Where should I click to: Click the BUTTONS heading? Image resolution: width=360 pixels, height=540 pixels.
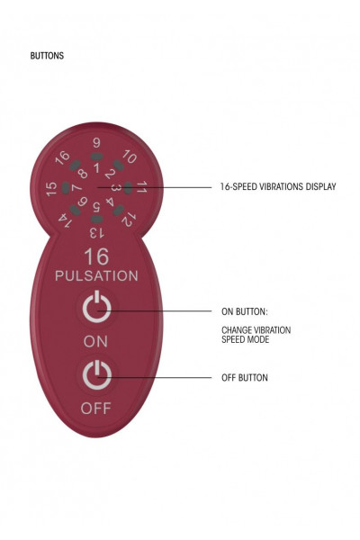47,56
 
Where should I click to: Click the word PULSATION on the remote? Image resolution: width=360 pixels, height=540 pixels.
96,276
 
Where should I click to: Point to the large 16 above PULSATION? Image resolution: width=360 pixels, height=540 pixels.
96,256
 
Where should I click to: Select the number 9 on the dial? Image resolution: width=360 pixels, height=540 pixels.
96,143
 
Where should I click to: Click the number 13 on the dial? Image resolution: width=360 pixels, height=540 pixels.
96,233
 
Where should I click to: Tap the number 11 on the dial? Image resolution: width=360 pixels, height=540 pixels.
141,187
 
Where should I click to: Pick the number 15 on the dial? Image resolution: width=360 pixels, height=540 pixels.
51,189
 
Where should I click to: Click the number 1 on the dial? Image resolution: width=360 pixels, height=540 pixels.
96,167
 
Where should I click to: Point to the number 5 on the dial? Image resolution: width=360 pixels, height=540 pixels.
96,207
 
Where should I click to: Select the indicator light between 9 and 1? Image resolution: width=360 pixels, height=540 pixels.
97,157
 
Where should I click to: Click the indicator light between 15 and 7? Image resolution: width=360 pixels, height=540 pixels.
66,188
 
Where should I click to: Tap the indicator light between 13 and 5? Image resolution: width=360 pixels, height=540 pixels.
97,219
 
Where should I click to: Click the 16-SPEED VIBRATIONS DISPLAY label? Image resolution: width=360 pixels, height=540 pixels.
278,186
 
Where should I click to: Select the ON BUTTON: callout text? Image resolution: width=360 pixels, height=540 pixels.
245,311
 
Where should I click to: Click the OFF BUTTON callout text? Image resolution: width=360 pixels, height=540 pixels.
245,377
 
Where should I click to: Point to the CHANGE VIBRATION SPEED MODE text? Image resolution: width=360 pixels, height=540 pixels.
256,335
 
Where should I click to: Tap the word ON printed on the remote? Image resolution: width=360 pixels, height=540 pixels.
95,342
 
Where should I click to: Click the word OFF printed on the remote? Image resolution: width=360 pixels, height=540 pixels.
95,409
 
